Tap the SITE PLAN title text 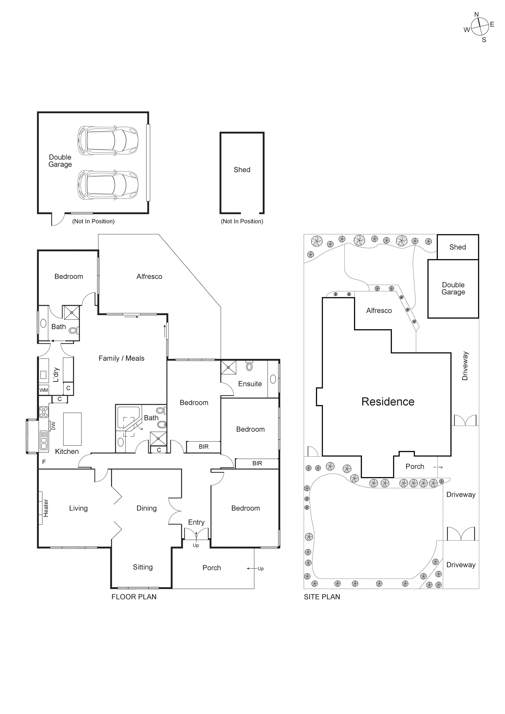coord(322,597)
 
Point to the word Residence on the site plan coord(388,402)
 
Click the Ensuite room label coord(250,384)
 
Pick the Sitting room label coord(143,567)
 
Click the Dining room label coord(147,508)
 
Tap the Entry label coord(196,522)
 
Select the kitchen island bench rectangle coord(72,429)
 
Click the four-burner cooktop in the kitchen coord(43,412)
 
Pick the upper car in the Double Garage coord(108,141)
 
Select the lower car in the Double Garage coord(108,185)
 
